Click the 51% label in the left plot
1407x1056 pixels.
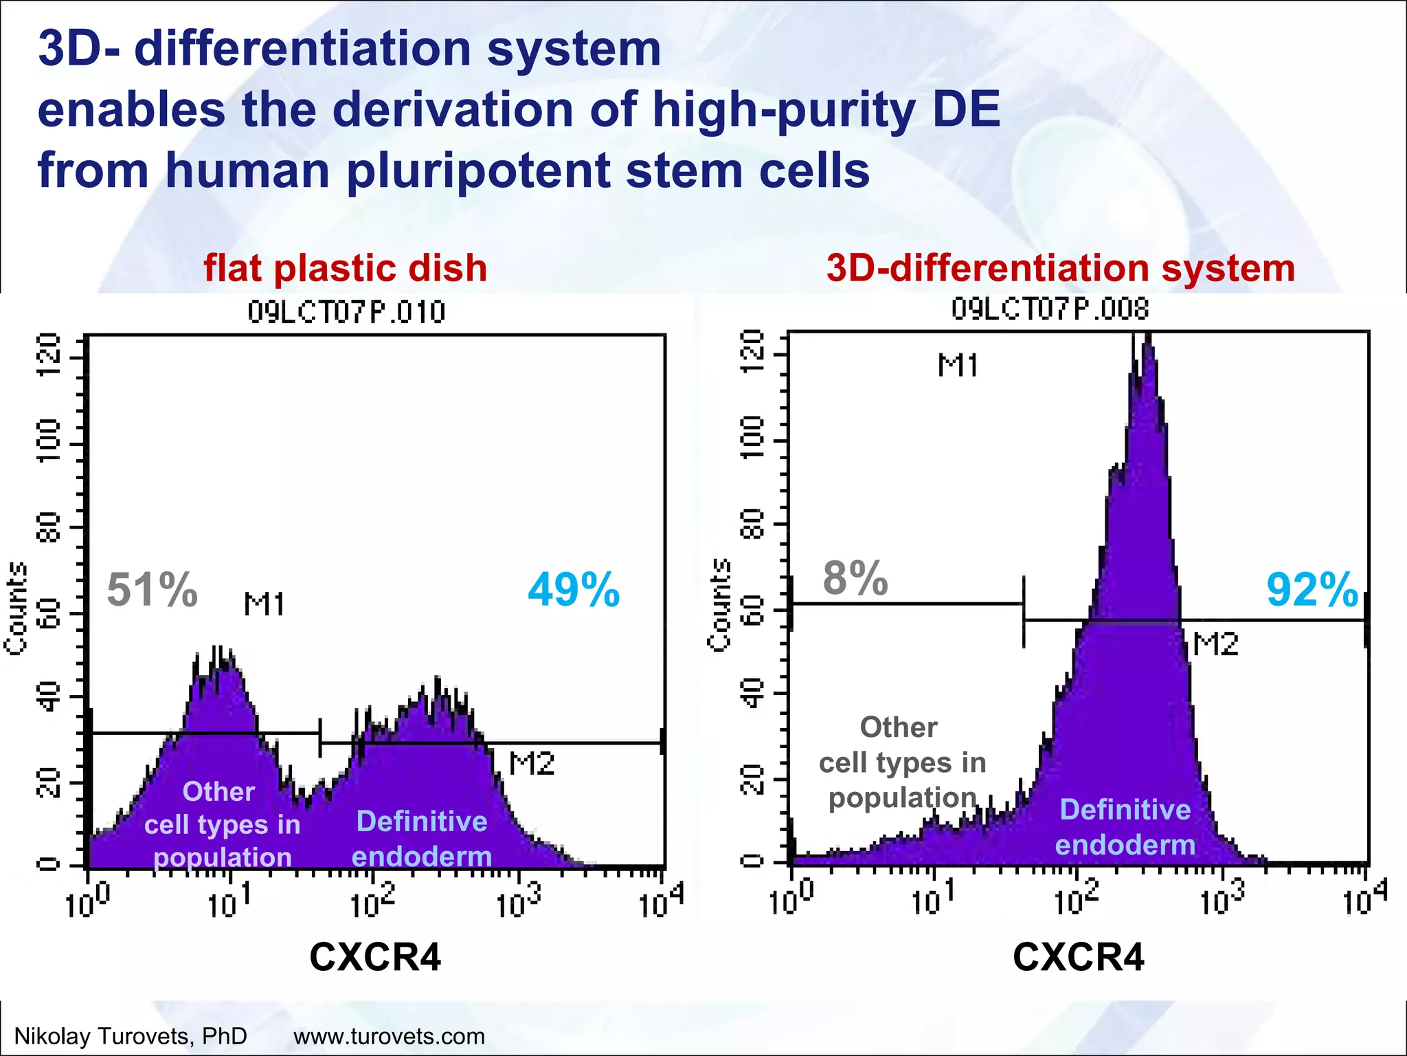tap(153, 590)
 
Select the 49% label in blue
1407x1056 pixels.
tap(574, 590)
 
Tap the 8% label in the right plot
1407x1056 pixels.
tap(855, 578)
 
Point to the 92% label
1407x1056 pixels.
tap(1312, 590)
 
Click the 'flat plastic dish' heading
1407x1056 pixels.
tap(346, 268)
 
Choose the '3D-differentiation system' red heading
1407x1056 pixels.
tap(1061, 268)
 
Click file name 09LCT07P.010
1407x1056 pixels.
tap(346, 313)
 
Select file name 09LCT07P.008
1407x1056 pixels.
tap(1050, 310)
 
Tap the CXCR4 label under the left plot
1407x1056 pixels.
tap(375, 956)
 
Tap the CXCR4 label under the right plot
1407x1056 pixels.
tap(1079, 956)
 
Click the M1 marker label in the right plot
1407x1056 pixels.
tap(958, 365)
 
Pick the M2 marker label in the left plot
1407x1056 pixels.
tap(532, 764)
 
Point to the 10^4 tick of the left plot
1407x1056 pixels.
tap(661, 903)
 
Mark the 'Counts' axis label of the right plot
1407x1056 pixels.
tap(719, 604)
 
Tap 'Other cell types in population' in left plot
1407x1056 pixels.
tap(221, 824)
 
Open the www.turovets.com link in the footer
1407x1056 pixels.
tap(389, 1036)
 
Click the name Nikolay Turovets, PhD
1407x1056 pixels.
tap(131, 1036)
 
